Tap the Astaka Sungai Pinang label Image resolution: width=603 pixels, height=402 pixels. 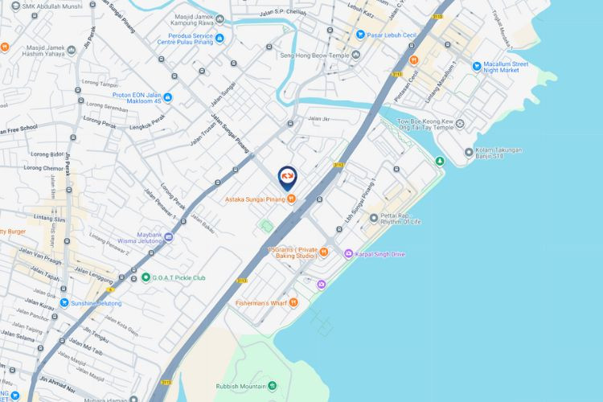point(255,199)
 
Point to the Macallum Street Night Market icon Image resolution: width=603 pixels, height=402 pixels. point(477,66)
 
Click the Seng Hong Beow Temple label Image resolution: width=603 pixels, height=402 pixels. point(314,55)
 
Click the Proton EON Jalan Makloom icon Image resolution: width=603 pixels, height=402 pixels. point(167,98)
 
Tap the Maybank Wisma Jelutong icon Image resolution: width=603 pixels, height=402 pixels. point(167,237)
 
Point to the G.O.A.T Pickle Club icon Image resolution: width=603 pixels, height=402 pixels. point(145,278)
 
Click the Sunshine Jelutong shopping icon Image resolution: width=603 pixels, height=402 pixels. point(64,303)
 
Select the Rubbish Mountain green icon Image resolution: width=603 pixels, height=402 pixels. point(272,387)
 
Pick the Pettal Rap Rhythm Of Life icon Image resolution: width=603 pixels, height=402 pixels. point(373,218)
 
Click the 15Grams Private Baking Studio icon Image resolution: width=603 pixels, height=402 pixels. point(324,252)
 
